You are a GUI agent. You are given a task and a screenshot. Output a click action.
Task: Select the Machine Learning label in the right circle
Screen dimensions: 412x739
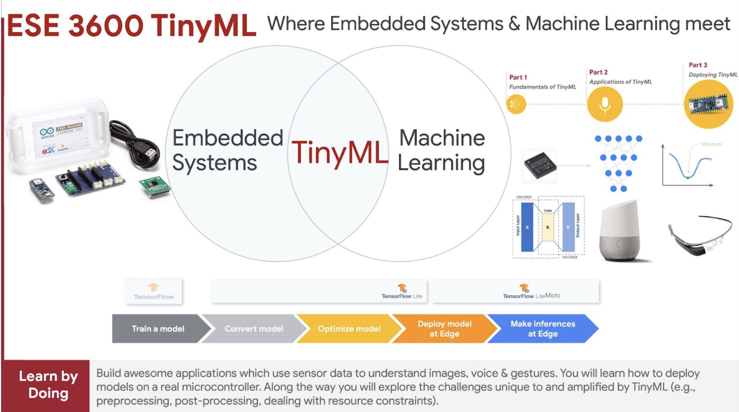pyautogui.click(x=441, y=150)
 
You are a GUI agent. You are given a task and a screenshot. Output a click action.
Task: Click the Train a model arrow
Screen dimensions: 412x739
pyautogui.click(x=158, y=329)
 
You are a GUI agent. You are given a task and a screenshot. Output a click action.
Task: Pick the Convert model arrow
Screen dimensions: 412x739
pyautogui.click(x=254, y=329)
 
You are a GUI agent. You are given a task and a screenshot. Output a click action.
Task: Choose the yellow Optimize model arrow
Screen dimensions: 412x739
pyautogui.click(x=349, y=329)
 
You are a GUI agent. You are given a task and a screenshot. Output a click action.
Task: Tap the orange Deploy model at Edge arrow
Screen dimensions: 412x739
pyautogui.click(x=444, y=329)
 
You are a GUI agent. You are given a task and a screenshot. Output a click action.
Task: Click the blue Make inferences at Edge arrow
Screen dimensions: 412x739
pyautogui.click(x=542, y=329)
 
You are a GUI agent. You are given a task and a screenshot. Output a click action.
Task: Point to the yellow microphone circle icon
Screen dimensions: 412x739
pyautogui.click(x=605, y=104)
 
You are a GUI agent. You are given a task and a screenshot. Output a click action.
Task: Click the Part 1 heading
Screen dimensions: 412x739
pyautogui.click(x=518, y=77)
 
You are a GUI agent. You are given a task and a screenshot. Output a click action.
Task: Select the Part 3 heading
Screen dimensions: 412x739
pyautogui.click(x=698, y=65)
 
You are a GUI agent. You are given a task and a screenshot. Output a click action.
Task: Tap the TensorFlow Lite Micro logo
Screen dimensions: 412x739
pyautogui.click(x=531, y=292)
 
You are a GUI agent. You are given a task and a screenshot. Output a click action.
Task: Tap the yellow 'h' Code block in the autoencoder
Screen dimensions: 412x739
pyautogui.click(x=548, y=227)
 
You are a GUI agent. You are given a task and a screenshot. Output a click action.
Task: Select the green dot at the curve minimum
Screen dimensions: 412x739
pyautogui.click(x=687, y=178)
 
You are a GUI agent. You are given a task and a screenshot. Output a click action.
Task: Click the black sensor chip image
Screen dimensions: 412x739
pyautogui.click(x=540, y=166)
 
